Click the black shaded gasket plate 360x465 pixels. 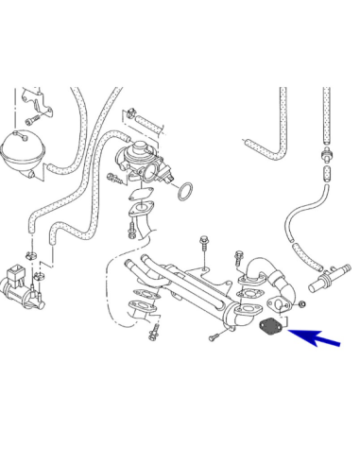269,327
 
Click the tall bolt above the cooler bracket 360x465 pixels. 203,247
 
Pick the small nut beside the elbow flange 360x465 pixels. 300,307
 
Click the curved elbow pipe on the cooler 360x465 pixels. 257,270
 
